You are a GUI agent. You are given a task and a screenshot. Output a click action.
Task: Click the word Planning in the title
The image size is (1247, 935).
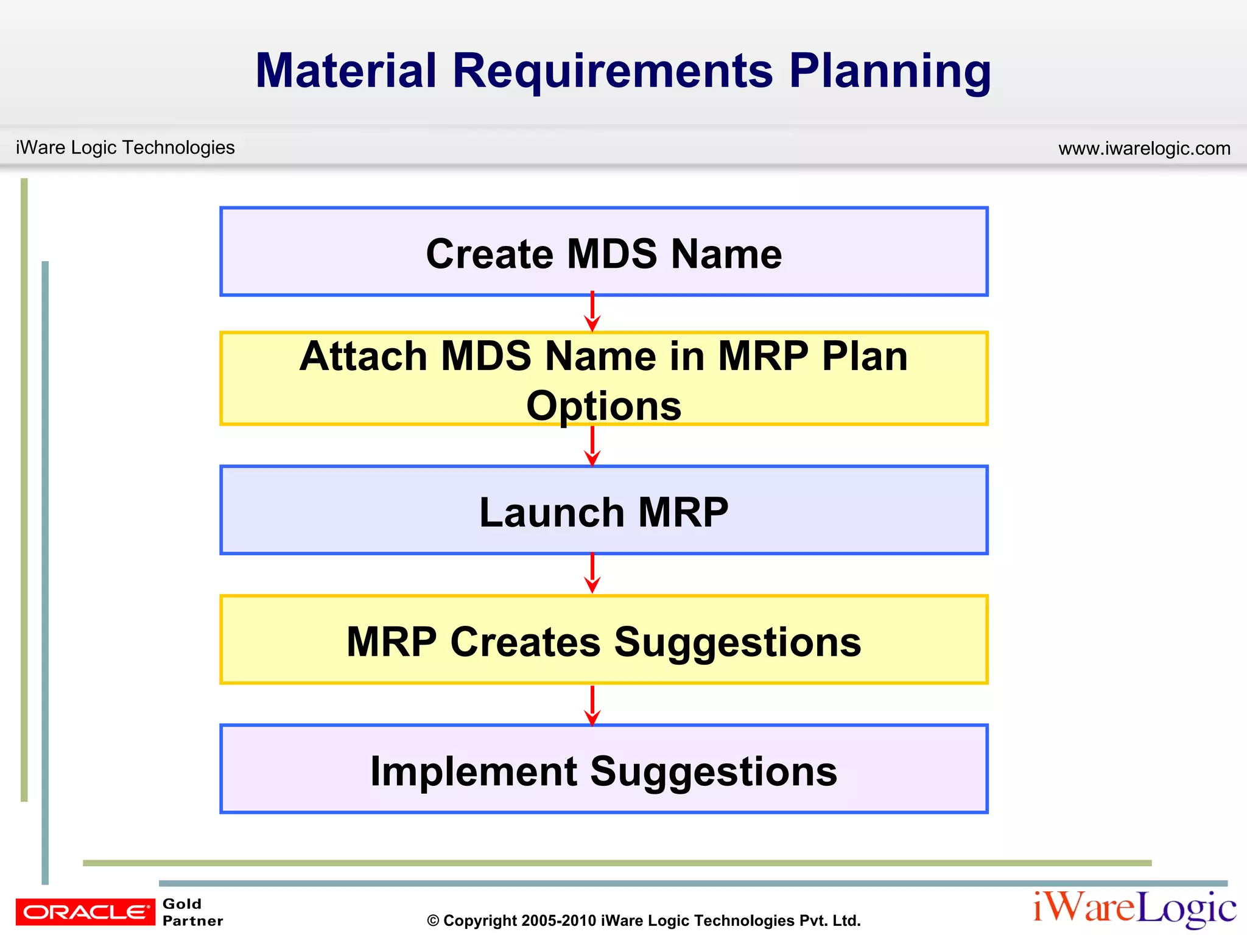890,72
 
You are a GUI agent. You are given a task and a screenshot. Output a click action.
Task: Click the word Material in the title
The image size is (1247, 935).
346,71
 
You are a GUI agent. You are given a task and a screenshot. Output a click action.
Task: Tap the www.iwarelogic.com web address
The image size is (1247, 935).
1144,149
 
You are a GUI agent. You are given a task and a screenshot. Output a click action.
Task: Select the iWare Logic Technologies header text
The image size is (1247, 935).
125,147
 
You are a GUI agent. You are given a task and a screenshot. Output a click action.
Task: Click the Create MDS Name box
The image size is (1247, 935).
603,252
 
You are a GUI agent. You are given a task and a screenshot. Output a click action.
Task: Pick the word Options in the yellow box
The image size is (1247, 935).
603,406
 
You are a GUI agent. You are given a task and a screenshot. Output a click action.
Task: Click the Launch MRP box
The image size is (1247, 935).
603,511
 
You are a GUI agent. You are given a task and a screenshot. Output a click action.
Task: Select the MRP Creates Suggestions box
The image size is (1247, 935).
603,640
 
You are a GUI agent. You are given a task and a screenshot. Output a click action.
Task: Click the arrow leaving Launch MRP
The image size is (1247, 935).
592,573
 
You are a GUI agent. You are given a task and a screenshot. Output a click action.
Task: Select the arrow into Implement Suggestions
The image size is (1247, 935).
592,705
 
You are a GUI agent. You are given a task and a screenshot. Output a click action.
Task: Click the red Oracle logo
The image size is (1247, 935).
85,911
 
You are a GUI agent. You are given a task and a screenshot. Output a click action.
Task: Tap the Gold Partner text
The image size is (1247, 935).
192,912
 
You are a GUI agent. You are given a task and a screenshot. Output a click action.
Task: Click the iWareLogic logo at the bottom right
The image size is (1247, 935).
1134,908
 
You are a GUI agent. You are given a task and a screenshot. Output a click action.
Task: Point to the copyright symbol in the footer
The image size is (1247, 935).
433,921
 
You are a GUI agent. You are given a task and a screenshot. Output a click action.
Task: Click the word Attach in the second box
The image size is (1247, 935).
364,356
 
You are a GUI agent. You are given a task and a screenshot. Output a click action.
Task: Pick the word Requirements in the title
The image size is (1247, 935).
613,71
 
